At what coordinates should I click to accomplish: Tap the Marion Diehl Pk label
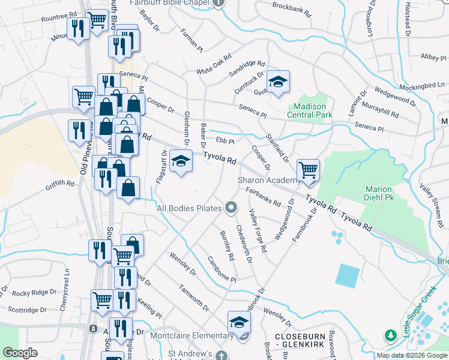point(379,194)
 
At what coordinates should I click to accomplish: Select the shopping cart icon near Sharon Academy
point(308,170)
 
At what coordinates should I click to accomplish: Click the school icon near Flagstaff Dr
point(181,161)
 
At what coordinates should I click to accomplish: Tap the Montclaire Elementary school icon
point(239,322)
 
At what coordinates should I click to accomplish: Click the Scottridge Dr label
point(27,310)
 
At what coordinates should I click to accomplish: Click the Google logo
point(20,353)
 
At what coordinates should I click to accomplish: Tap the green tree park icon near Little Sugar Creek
point(391,335)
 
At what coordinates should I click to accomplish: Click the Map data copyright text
point(412,355)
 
